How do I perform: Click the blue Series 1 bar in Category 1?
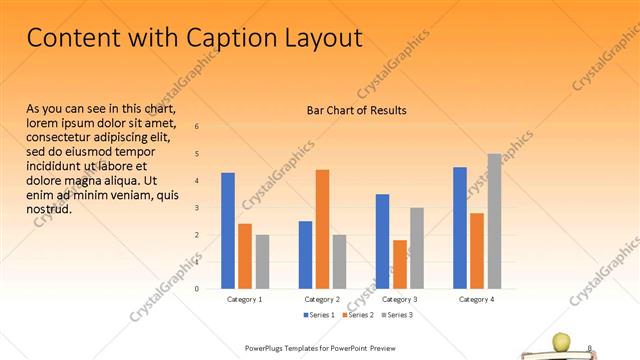pos(228,231)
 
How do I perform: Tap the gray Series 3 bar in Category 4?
pos(494,221)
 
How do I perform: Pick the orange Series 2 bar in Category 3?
pos(400,264)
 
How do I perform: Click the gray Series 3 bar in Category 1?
pos(262,262)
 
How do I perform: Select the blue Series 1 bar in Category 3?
pos(382,241)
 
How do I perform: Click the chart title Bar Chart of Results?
pos(356,110)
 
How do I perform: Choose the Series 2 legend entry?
pos(356,315)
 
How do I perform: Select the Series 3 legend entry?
pos(397,315)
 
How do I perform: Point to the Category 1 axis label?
pos(245,299)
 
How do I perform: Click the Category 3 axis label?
pos(400,299)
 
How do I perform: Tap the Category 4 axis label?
pos(477,299)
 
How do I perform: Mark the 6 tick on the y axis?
pos(196,127)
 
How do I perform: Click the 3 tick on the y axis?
pos(196,208)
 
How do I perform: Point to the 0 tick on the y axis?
pos(196,289)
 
